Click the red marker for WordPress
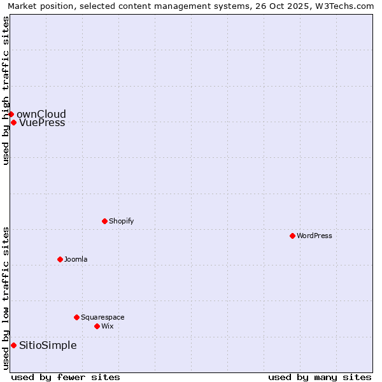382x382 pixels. click(x=292, y=236)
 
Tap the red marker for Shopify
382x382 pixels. click(x=104, y=221)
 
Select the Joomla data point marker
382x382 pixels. click(x=60, y=259)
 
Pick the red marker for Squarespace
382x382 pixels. click(x=76, y=317)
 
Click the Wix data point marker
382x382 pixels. click(x=97, y=326)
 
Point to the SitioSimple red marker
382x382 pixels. click(x=13, y=345)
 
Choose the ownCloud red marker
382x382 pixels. click(x=11, y=114)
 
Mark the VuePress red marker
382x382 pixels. click(x=13, y=122)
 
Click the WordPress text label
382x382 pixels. click(x=315, y=236)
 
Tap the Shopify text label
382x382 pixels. click(x=122, y=221)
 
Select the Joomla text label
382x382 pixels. click(x=76, y=259)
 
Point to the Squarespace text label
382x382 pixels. click(x=103, y=317)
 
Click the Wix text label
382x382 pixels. click(x=108, y=326)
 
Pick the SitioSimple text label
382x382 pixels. click(x=48, y=345)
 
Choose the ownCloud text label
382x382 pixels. click(x=41, y=115)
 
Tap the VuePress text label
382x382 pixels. click(x=42, y=122)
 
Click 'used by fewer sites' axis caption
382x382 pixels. click(x=66, y=377)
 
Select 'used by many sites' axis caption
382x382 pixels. click(x=320, y=377)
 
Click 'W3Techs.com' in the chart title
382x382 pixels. click(x=347, y=6)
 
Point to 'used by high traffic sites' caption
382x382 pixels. click(x=6, y=90)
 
